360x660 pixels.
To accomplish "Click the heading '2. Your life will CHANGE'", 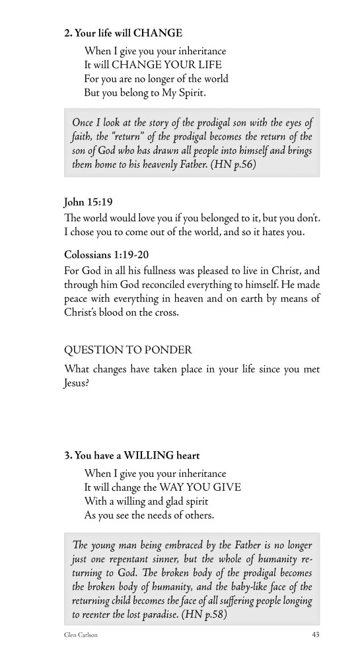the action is click(x=123, y=32).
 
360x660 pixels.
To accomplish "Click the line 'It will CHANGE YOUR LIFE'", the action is click(x=153, y=65).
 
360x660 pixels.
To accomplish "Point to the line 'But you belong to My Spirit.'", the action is click(x=145, y=93).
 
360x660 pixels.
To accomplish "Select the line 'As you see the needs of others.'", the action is click(x=150, y=516).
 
